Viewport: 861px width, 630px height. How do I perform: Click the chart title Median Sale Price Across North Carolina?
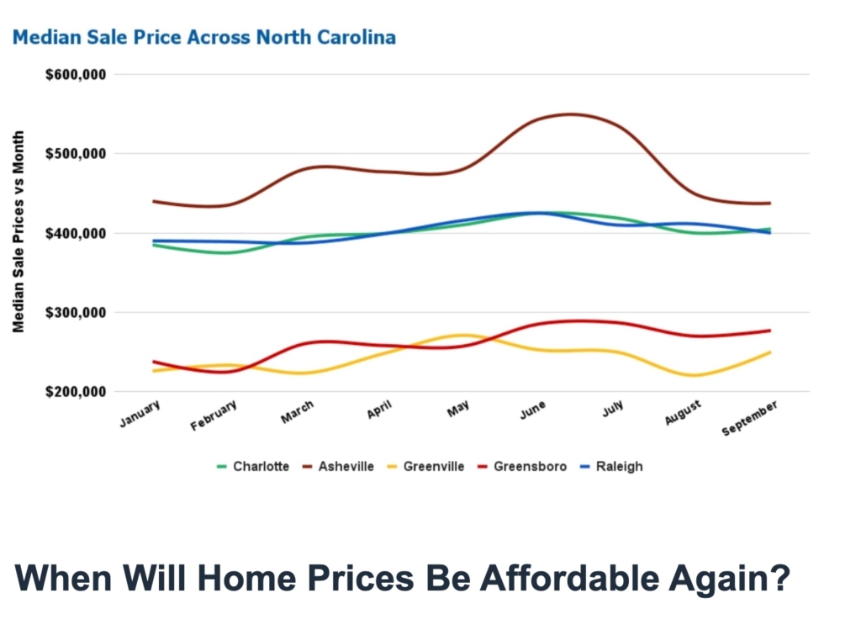click(x=203, y=38)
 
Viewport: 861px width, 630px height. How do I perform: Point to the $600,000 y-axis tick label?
click(x=76, y=74)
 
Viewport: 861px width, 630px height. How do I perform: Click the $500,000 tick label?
click(x=76, y=154)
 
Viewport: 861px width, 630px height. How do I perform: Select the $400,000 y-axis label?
click(x=76, y=233)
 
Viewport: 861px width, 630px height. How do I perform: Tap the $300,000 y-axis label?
click(x=76, y=313)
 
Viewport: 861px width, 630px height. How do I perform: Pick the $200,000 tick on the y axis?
click(x=76, y=392)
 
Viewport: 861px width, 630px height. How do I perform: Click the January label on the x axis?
click(x=140, y=414)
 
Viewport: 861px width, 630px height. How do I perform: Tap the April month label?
click(x=378, y=410)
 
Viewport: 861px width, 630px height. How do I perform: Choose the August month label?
click(x=683, y=413)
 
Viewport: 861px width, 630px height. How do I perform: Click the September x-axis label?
click(x=750, y=418)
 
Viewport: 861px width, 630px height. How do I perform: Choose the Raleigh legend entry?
click(x=615, y=466)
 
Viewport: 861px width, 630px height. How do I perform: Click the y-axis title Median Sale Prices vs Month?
click(x=18, y=232)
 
